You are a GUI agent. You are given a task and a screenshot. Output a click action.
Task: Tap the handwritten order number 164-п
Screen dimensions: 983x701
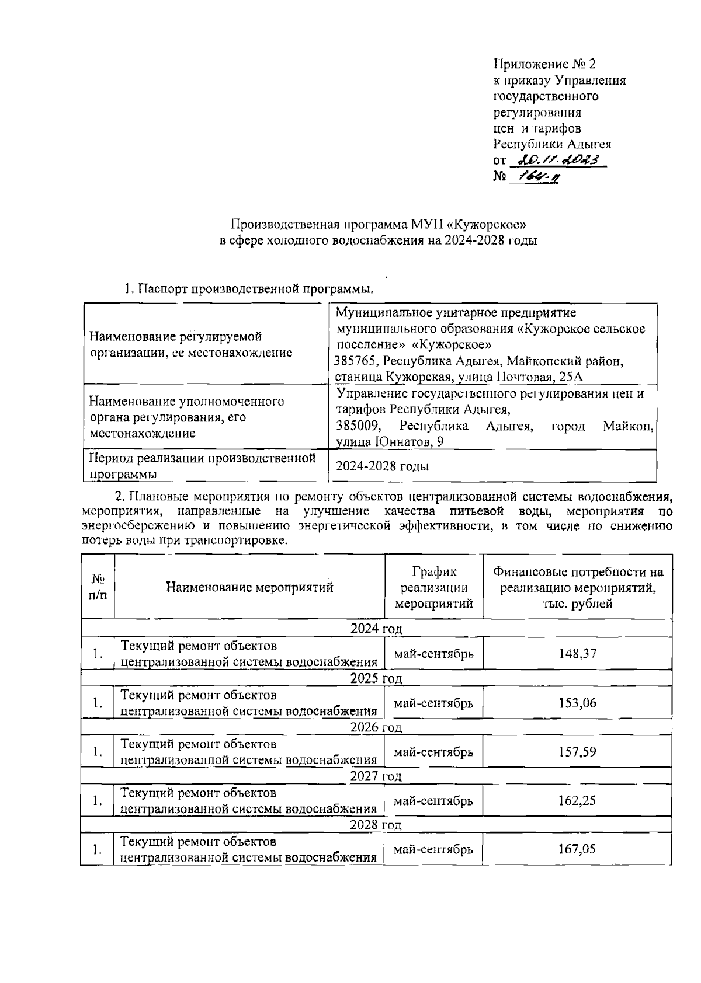pyautogui.click(x=533, y=176)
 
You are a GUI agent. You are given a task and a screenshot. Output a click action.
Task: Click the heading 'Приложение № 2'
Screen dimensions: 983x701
pyautogui.click(x=544, y=64)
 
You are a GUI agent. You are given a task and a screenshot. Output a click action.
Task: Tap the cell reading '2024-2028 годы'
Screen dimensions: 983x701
pyautogui.click(x=383, y=466)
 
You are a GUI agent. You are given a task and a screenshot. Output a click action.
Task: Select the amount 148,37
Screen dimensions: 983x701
pyautogui.click(x=577, y=653)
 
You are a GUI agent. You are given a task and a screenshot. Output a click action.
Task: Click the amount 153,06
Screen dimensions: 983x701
pyautogui.click(x=577, y=703)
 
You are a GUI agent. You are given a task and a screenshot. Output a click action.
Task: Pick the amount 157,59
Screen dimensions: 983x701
pyautogui.click(x=577, y=752)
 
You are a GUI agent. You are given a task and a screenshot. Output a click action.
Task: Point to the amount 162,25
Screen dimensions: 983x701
pyautogui.click(x=577, y=801)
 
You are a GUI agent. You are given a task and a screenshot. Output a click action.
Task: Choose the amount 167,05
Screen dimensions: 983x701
pyautogui.click(x=577, y=849)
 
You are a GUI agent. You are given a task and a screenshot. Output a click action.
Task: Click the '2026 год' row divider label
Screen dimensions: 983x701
pyautogui.click(x=376, y=727)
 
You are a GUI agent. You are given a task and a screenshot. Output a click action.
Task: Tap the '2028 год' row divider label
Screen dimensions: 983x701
pyautogui.click(x=376, y=825)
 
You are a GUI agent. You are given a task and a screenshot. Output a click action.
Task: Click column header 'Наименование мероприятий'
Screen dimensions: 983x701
pyautogui.click(x=249, y=587)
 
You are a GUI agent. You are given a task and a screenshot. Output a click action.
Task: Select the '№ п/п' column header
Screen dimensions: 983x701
pyautogui.click(x=98, y=587)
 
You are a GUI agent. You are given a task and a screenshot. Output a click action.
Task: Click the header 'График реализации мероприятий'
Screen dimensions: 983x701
pyautogui.click(x=433, y=587)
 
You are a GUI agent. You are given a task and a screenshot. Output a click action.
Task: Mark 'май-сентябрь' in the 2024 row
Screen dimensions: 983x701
pyautogui.click(x=433, y=653)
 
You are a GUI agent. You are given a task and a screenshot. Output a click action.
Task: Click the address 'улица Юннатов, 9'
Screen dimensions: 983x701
pyautogui.click(x=390, y=442)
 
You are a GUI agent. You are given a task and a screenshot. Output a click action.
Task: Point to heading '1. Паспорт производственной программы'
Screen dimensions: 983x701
pyautogui.click(x=248, y=289)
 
